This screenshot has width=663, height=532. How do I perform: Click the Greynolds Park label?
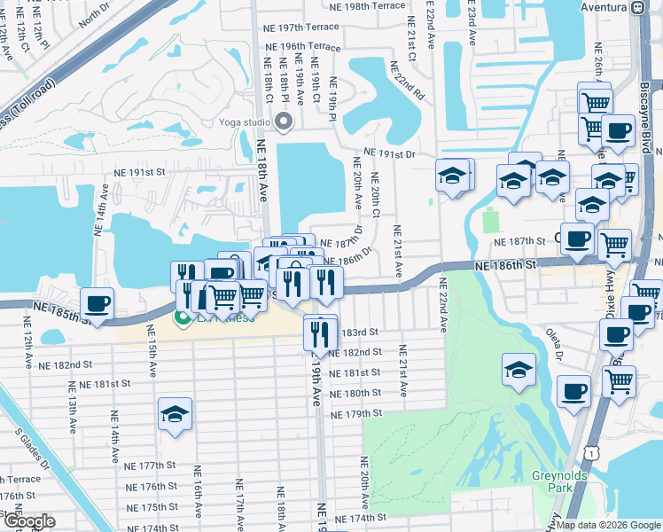pyautogui.click(x=555, y=481)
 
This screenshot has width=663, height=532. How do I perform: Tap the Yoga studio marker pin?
pyautogui.click(x=285, y=121)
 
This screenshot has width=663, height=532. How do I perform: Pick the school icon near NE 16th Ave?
pyautogui.click(x=175, y=414)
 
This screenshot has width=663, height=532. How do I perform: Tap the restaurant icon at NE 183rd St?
pyautogui.click(x=320, y=332)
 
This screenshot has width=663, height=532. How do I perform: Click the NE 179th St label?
pyautogui.click(x=356, y=414)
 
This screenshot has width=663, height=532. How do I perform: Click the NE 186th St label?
pyautogui.click(x=506, y=265)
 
